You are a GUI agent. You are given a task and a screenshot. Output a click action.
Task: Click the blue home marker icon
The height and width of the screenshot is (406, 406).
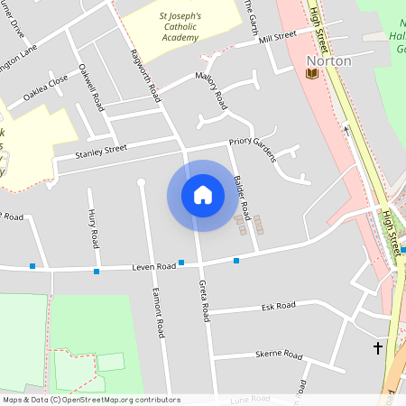pyautogui.click(x=202, y=195)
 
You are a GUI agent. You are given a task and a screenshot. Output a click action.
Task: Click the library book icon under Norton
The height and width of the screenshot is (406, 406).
pyautogui.click(x=312, y=73)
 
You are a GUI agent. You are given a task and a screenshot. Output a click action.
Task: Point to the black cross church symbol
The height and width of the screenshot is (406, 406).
pyautogui.click(x=377, y=347)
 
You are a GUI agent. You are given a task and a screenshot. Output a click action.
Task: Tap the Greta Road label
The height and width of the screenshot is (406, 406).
pyautogui.click(x=204, y=300)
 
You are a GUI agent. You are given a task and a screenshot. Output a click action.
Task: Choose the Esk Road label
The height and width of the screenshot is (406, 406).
pyautogui.click(x=279, y=307)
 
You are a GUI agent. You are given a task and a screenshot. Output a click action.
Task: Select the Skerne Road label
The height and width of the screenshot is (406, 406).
pyautogui.click(x=278, y=355)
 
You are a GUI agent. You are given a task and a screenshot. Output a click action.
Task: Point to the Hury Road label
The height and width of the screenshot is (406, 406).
pyautogui.click(x=93, y=226)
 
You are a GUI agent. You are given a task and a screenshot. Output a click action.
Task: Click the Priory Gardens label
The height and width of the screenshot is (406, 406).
pyautogui.click(x=251, y=143)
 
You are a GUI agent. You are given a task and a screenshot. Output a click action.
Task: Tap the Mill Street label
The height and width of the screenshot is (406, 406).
pyautogui.click(x=276, y=36)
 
